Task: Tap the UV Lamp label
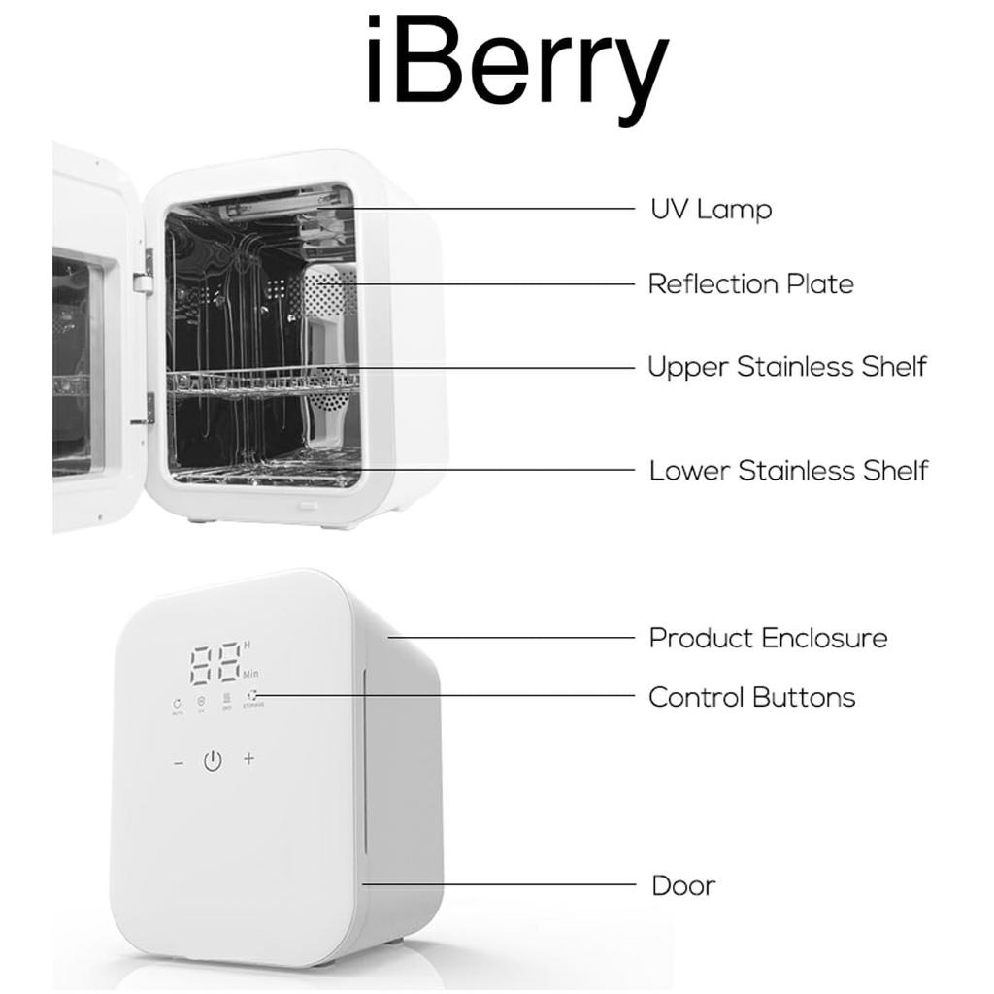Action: [x=711, y=209]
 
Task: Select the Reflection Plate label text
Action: [x=750, y=284]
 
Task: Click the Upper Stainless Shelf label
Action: [x=786, y=367]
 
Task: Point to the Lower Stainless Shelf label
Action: [x=788, y=471]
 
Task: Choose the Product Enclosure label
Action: [x=768, y=638]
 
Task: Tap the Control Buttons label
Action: [x=751, y=697]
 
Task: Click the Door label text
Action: [x=683, y=885]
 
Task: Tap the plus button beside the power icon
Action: [x=249, y=758]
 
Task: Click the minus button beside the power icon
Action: [x=179, y=763]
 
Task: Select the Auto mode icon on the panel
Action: [x=177, y=704]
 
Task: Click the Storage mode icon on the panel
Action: [x=253, y=697]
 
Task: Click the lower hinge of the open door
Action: [x=149, y=407]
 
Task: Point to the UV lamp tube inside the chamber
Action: [x=262, y=205]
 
